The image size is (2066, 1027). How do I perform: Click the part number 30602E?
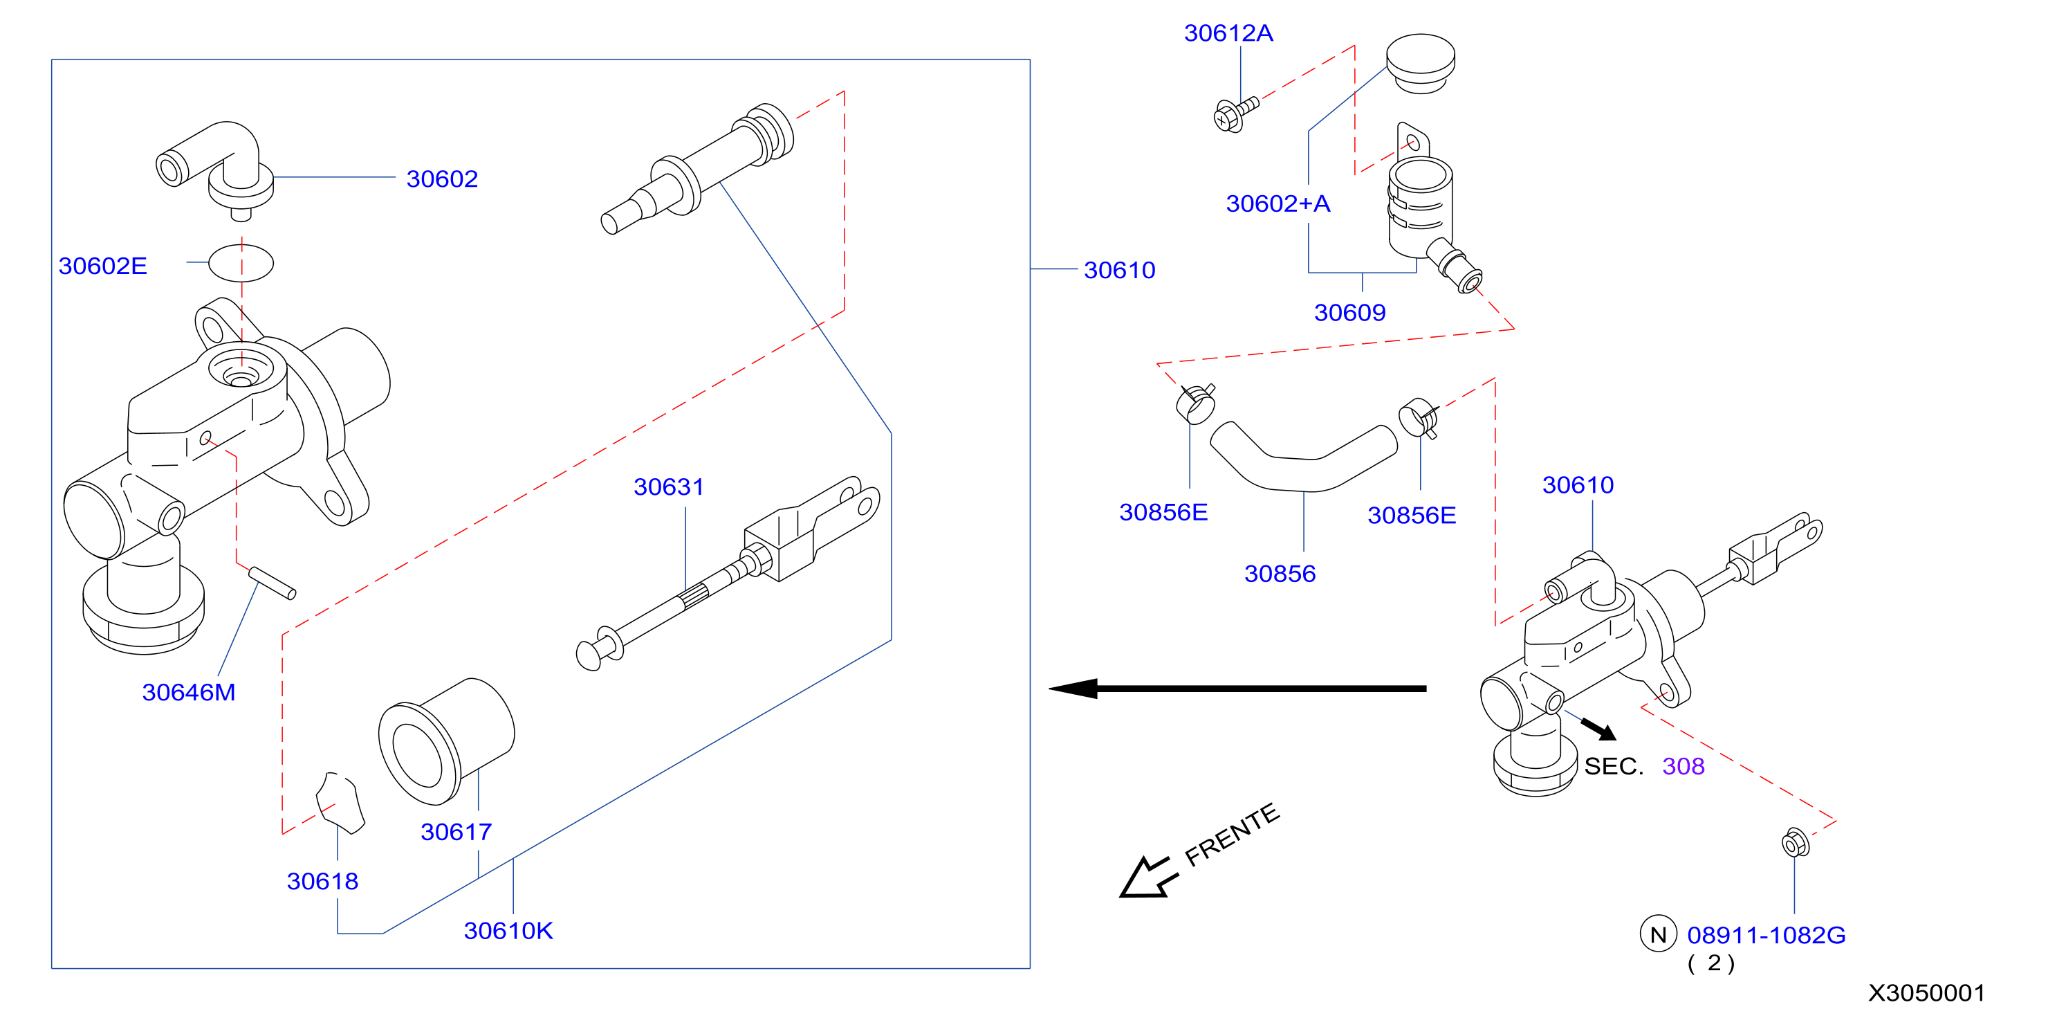pyautogui.click(x=102, y=266)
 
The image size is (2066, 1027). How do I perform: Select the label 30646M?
pyautogui.click(x=188, y=691)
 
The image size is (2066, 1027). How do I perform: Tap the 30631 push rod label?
pyautogui.click(x=669, y=487)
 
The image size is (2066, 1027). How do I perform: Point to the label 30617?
pyautogui.click(x=456, y=831)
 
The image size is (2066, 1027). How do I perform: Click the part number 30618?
pyautogui.click(x=322, y=881)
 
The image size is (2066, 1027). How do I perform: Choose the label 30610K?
pyautogui.click(x=508, y=931)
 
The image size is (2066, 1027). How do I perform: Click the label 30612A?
pyautogui.click(x=1228, y=33)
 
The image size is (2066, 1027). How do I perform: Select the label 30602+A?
pyautogui.click(x=1278, y=203)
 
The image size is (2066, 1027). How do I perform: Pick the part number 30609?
pyautogui.click(x=1350, y=312)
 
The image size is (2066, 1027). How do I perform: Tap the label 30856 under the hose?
pyautogui.click(x=1280, y=574)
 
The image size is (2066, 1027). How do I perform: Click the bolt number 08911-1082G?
pyautogui.click(x=1766, y=935)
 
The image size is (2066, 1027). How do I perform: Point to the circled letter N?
pyautogui.click(x=1658, y=934)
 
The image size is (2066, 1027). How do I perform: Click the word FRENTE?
pyautogui.click(x=1232, y=835)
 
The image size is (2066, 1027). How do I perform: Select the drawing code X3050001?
pyautogui.click(x=1926, y=992)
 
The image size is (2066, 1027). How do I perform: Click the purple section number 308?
pyautogui.click(x=1684, y=766)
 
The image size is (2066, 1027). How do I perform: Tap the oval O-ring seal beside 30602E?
pyautogui.click(x=241, y=263)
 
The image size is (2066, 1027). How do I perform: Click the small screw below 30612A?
pyautogui.click(x=1235, y=114)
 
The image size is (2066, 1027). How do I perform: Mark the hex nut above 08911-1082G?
pyautogui.click(x=1794, y=844)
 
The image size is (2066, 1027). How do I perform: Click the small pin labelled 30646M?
pyautogui.click(x=272, y=583)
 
